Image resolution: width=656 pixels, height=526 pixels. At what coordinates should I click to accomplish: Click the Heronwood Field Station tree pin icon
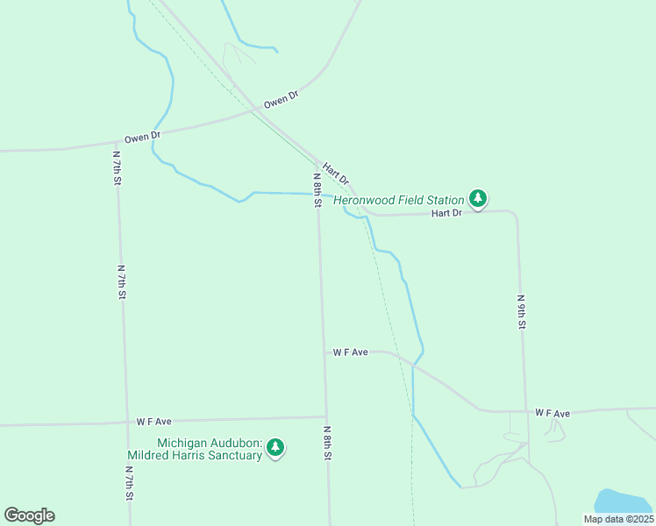477,199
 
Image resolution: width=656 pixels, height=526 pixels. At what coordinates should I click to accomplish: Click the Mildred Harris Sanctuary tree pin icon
275,448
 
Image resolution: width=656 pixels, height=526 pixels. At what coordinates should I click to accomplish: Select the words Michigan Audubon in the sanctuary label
209,443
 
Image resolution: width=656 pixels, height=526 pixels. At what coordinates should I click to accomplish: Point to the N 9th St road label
521,311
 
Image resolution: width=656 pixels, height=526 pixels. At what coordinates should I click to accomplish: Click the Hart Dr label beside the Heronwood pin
446,213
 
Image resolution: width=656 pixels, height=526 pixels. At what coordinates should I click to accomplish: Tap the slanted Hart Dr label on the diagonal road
336,173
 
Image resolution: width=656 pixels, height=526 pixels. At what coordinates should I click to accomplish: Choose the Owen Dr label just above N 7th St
142,137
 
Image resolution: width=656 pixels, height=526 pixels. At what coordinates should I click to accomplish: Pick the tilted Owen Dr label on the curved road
282,99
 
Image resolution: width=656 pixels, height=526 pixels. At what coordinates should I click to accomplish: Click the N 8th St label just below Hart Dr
317,189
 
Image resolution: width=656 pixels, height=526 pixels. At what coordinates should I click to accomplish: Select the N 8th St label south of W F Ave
327,444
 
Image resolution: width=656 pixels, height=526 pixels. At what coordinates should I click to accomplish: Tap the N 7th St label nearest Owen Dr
117,167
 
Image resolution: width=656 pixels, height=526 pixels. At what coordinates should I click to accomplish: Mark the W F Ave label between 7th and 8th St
153,422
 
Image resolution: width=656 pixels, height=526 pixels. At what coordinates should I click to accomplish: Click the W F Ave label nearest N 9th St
553,413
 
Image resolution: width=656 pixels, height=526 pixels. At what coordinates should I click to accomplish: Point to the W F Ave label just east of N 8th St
350,352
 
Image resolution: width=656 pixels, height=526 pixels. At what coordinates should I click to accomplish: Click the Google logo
29,515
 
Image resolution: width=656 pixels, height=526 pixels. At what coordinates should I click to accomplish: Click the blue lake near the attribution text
624,501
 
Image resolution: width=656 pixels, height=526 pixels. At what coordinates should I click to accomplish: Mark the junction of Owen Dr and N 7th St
117,140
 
